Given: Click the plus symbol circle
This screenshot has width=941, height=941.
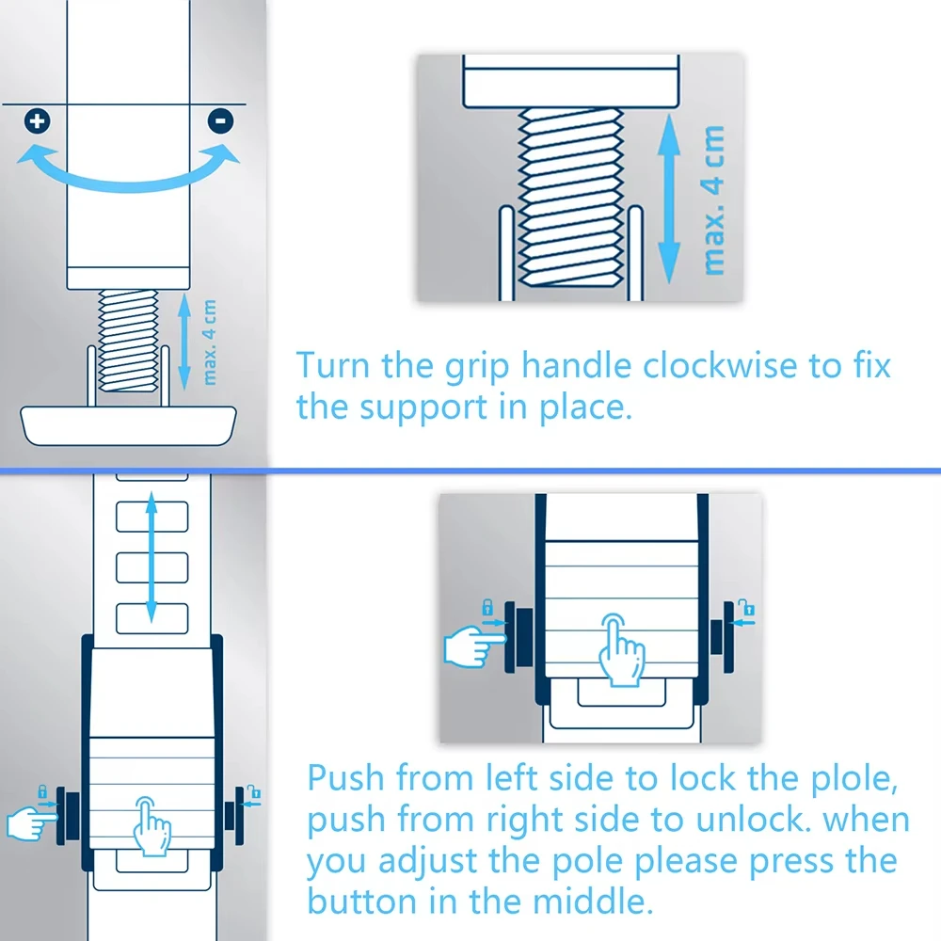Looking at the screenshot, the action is [x=38, y=121].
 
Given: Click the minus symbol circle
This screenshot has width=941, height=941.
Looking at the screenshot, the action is [x=220, y=121].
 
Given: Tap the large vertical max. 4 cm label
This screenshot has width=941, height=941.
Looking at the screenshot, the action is [x=713, y=200].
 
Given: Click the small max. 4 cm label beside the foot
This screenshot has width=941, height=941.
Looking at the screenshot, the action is [x=209, y=343].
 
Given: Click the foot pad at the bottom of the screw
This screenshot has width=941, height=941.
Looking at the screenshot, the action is [x=128, y=425].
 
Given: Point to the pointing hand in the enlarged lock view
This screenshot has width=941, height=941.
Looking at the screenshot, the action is [x=474, y=646].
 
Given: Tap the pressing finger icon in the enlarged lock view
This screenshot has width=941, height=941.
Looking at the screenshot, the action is [x=622, y=650].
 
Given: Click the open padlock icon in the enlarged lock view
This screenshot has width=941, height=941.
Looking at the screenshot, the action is [x=746, y=607].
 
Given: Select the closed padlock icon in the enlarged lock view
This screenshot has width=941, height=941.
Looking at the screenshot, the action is [x=487, y=607].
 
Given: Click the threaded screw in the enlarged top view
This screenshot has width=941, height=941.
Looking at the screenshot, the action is [x=570, y=197].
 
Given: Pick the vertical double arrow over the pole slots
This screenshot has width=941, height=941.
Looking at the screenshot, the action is [x=152, y=557].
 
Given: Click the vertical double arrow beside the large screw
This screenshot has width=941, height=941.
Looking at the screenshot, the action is [x=669, y=199].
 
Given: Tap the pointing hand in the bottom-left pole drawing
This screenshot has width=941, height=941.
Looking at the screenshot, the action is [x=31, y=822].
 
